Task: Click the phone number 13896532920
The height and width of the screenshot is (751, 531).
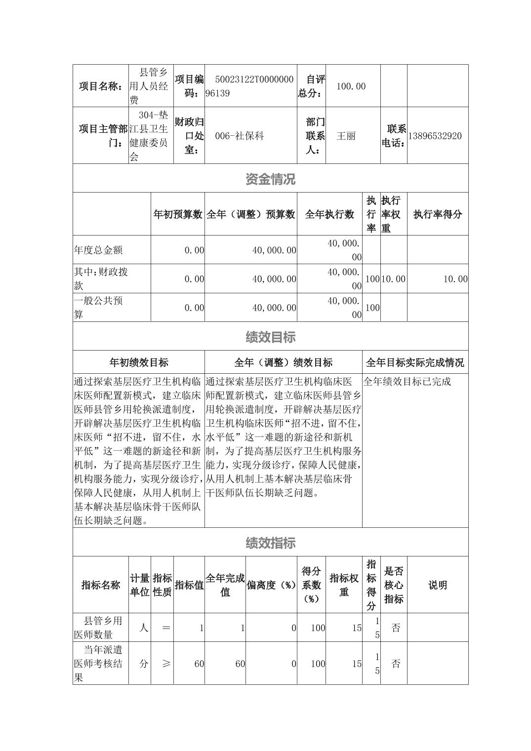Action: pos(435,136)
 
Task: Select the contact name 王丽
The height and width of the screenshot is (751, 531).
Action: pos(346,136)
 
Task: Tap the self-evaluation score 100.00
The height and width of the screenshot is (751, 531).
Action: pos(351,86)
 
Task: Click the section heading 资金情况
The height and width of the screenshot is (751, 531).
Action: pos(270,179)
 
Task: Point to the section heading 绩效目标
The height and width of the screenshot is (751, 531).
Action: pos(270,337)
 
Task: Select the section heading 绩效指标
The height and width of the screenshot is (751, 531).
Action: pos(270,543)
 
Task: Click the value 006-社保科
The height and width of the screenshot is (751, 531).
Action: pos(239,136)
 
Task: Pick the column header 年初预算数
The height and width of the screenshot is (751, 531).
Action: pos(178,214)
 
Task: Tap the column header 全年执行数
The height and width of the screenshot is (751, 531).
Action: pos(329,214)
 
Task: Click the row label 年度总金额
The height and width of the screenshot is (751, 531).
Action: pos(98,250)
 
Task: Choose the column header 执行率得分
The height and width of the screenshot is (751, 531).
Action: pos(438,214)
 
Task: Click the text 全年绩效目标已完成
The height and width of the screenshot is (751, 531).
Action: pos(408,381)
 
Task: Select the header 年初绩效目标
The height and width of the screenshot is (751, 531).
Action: pos(139,362)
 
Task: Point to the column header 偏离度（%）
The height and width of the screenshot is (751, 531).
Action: pos(271,585)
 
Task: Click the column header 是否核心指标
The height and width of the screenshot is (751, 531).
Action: pos(394,585)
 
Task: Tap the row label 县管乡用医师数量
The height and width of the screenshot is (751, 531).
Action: pos(101,628)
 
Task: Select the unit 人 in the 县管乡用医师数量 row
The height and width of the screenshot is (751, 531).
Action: pos(143,628)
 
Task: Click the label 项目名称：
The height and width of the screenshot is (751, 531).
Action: pos(101,86)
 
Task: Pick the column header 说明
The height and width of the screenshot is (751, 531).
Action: pos(438,585)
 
